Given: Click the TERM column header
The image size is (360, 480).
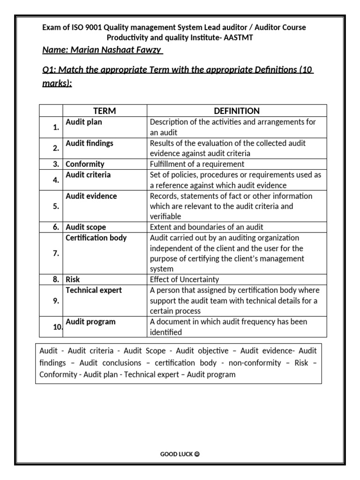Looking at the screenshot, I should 105,111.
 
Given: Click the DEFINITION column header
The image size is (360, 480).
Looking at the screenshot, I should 236,111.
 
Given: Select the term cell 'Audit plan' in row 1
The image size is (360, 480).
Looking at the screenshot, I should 83,122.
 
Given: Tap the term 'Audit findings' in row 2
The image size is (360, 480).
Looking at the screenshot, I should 89,143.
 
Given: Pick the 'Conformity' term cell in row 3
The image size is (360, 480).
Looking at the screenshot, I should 85,164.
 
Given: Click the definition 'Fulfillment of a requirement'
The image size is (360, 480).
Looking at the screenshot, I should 197,164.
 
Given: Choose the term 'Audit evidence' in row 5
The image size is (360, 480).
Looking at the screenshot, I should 91,196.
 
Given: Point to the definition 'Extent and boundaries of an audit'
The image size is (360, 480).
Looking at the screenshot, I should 206,227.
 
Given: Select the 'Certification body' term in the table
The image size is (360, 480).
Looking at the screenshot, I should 96,238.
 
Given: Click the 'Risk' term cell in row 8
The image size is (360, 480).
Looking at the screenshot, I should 73,279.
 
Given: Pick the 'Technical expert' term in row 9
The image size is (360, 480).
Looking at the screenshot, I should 93,290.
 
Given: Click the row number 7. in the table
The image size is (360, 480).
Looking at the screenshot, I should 56,254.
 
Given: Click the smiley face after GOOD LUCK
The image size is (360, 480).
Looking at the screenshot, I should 197,454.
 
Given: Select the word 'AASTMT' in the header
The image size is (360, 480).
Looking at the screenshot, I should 239,37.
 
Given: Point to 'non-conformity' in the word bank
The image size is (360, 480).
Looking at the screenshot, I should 257,363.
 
